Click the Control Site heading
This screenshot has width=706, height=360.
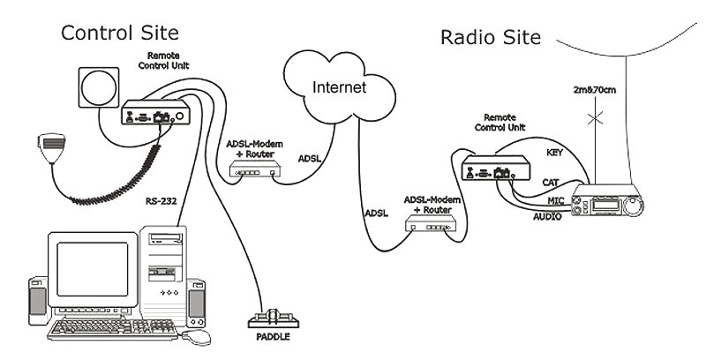pyautogui.click(x=119, y=34)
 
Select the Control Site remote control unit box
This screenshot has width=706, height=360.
pyautogui.click(x=155, y=115)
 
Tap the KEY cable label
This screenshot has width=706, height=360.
pyautogui.click(x=554, y=152)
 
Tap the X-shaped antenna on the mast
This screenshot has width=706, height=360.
pyautogui.click(x=599, y=116)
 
